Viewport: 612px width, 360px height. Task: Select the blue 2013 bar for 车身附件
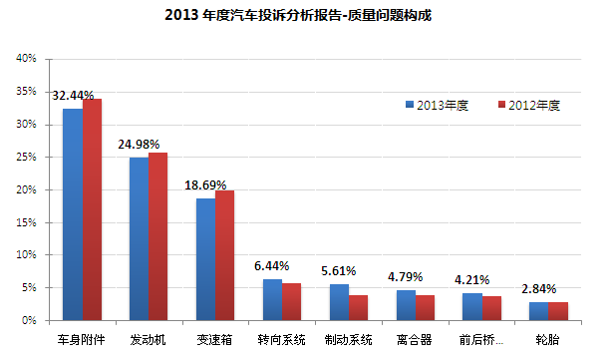click(73, 214)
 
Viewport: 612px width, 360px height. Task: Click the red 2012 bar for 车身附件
click(93, 209)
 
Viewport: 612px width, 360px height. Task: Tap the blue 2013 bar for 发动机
click(139, 238)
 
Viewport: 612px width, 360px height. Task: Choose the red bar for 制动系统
click(358, 307)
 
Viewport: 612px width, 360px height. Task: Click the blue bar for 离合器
click(405, 305)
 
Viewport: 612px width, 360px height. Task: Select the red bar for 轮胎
click(558, 311)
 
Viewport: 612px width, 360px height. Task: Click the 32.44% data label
click(73, 96)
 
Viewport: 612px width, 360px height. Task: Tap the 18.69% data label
click(205, 185)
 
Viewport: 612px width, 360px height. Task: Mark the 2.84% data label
click(538, 288)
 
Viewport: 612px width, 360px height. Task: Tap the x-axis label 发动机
click(149, 339)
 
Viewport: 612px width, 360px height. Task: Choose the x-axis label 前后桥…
click(481, 339)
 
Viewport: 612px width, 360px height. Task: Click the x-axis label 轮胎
click(548, 339)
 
